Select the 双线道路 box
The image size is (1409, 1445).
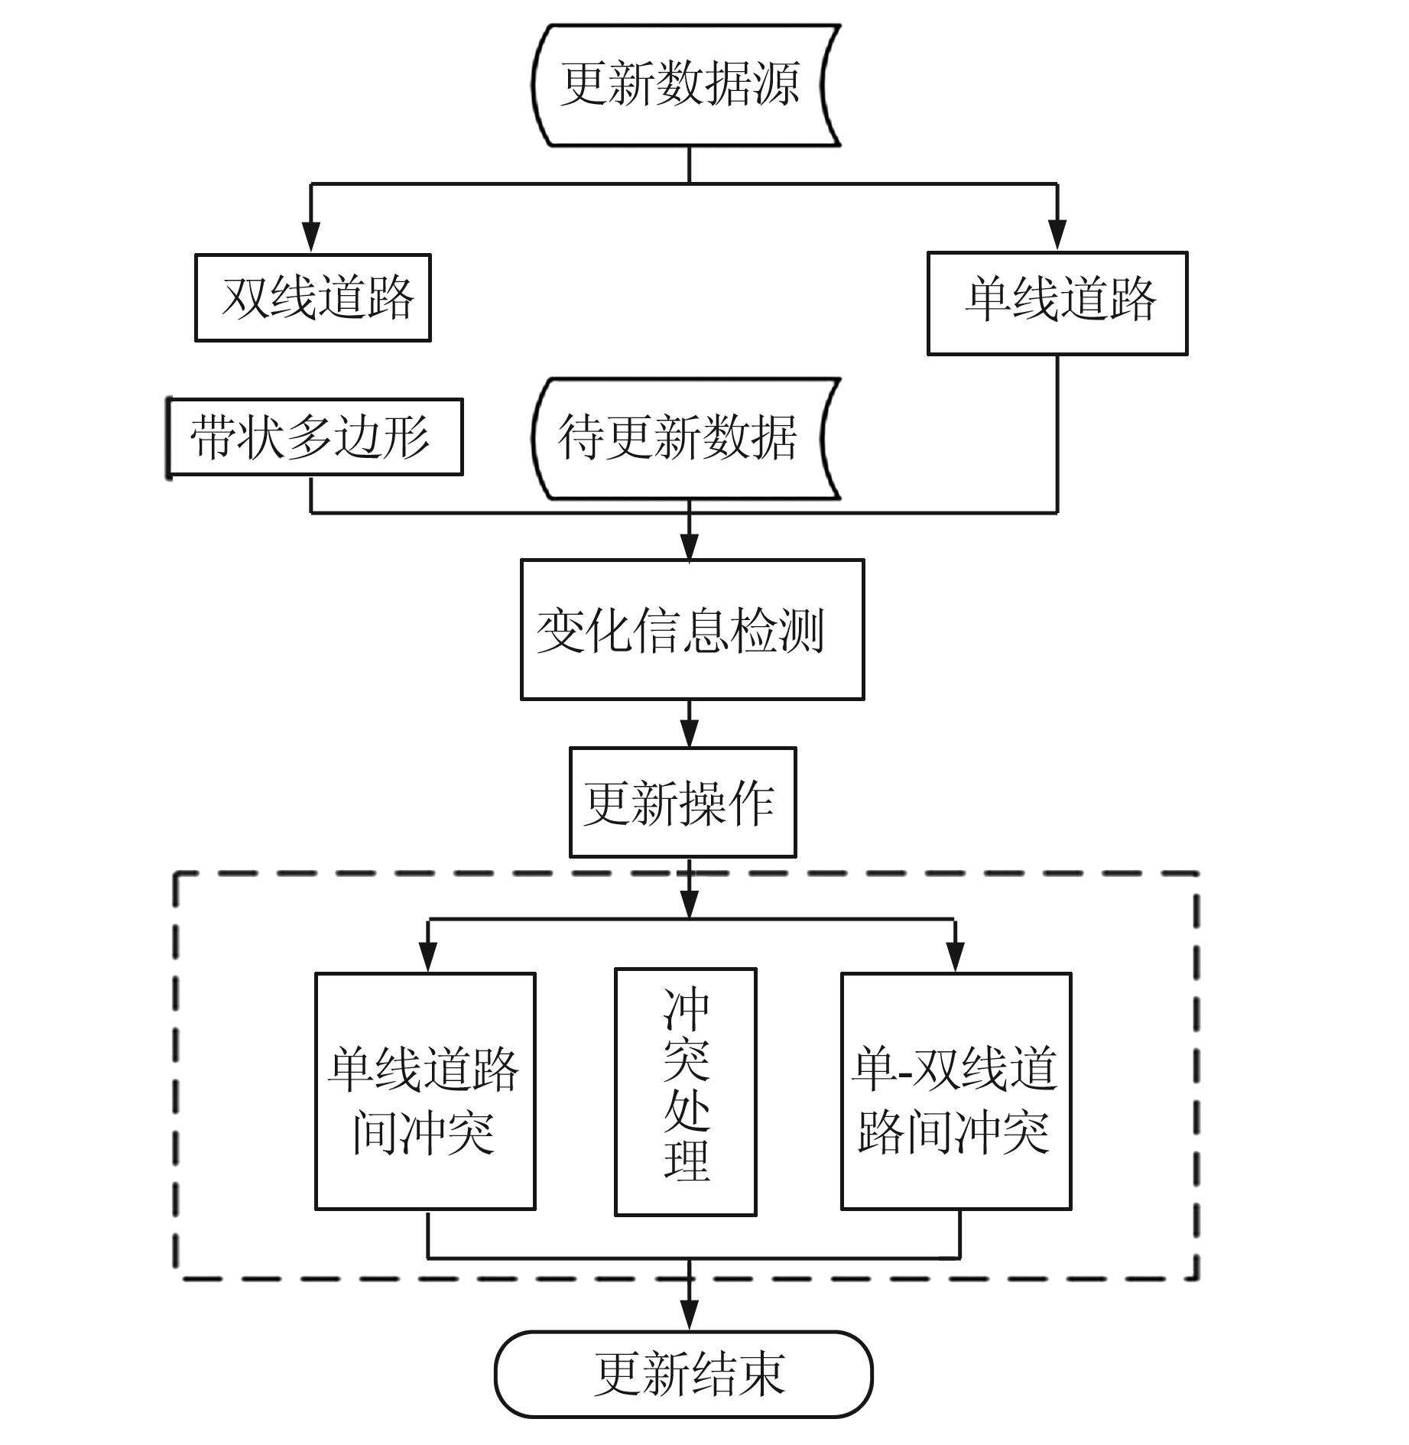click(313, 297)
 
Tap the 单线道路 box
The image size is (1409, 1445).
click(1057, 303)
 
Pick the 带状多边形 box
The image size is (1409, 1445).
click(314, 437)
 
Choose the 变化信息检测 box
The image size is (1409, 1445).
click(692, 629)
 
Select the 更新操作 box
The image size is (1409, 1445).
click(683, 802)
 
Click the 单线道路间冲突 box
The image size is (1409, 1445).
click(425, 1091)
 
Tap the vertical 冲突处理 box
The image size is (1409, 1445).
click(686, 1092)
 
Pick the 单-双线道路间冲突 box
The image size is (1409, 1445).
click(956, 1091)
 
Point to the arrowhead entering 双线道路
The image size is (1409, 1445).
click(310, 236)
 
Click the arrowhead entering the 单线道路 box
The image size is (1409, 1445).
click(1057, 234)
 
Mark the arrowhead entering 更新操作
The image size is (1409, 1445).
click(690, 734)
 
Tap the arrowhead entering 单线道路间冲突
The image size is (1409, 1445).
click(428, 958)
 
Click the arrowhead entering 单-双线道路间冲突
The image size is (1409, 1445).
click(956, 958)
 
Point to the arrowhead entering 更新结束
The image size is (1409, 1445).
click(690, 1317)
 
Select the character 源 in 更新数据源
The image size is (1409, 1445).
click(777, 84)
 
